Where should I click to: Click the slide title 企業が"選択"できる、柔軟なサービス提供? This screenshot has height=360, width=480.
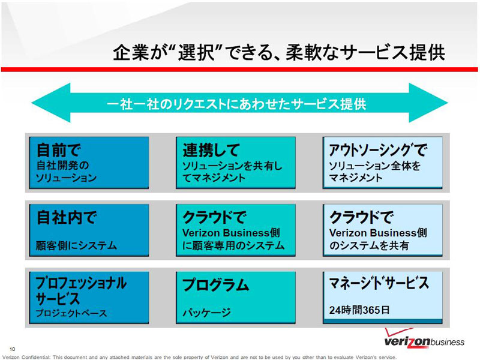[x=279, y=52]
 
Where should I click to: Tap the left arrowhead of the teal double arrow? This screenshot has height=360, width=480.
[x=50, y=103]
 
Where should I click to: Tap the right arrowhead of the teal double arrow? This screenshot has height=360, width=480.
[x=428, y=103]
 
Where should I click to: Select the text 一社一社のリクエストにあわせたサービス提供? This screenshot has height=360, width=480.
[x=236, y=104]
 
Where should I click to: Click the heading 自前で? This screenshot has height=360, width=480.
[x=58, y=150]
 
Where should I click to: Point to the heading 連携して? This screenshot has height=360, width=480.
[x=211, y=150]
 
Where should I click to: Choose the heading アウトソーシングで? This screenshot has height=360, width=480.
[x=378, y=150]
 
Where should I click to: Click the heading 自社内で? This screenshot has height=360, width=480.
[x=67, y=217]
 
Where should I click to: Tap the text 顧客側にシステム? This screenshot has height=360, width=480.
[x=76, y=245]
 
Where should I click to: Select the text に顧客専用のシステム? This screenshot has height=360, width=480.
[x=233, y=245]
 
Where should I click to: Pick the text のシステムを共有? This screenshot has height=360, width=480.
[x=369, y=245]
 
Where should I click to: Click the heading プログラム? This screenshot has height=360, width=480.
[x=216, y=284]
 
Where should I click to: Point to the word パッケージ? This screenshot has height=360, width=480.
[x=206, y=313]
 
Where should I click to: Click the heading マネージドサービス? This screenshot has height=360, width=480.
[x=379, y=283]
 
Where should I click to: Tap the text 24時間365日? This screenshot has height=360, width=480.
[x=359, y=310]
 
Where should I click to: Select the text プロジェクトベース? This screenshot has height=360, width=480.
[x=71, y=313]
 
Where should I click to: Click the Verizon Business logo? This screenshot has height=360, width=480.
[x=424, y=338]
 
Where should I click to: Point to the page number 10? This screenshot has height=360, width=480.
[x=12, y=349]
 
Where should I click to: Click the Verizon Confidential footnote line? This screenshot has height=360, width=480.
[x=199, y=357]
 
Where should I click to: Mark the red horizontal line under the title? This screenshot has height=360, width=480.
[x=239, y=70]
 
